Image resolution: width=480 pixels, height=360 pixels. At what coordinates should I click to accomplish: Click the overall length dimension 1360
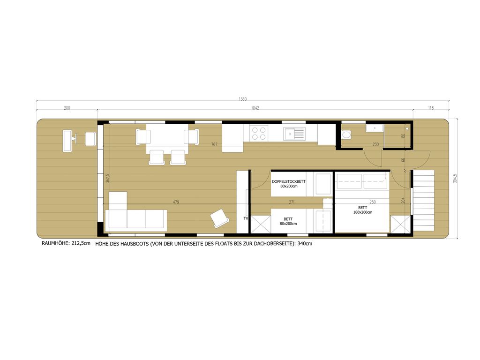[242, 99]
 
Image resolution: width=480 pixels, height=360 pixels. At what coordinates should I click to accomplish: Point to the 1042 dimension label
[255, 108]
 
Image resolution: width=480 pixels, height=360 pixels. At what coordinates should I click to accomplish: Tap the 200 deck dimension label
[67, 108]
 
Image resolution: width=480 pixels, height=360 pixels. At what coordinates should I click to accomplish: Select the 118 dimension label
[431, 108]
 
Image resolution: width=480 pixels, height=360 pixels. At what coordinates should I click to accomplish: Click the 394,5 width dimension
[455, 179]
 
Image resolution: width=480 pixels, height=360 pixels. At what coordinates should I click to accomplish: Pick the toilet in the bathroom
[346, 135]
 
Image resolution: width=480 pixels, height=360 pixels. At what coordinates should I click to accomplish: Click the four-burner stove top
[259, 134]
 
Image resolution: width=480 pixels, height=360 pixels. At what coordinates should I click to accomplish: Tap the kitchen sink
[294, 134]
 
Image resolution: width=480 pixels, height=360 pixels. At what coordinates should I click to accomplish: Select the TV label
[246, 218]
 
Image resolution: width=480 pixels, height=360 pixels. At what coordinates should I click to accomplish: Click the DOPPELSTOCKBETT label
[289, 181]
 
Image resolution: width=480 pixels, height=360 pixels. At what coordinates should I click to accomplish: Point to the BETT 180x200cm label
[363, 210]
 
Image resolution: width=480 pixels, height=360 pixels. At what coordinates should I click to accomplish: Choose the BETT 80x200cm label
[288, 221]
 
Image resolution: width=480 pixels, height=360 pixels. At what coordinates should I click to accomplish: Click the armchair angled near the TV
[219, 218]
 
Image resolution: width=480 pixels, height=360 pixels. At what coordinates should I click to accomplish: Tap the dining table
[167, 138]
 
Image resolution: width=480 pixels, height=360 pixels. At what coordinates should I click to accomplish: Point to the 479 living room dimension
[176, 202]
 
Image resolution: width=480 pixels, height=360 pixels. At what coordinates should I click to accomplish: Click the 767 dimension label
[214, 144]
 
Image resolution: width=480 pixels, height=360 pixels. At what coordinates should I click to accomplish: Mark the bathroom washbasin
[375, 128]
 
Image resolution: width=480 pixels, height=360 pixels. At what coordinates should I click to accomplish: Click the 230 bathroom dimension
[375, 144]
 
